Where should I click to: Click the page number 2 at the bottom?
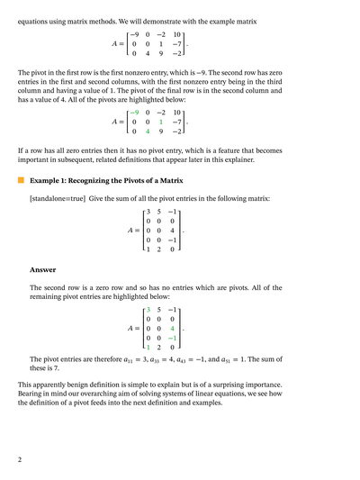click(20, 460)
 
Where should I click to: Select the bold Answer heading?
click(43, 269)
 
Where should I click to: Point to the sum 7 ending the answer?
click(56, 368)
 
